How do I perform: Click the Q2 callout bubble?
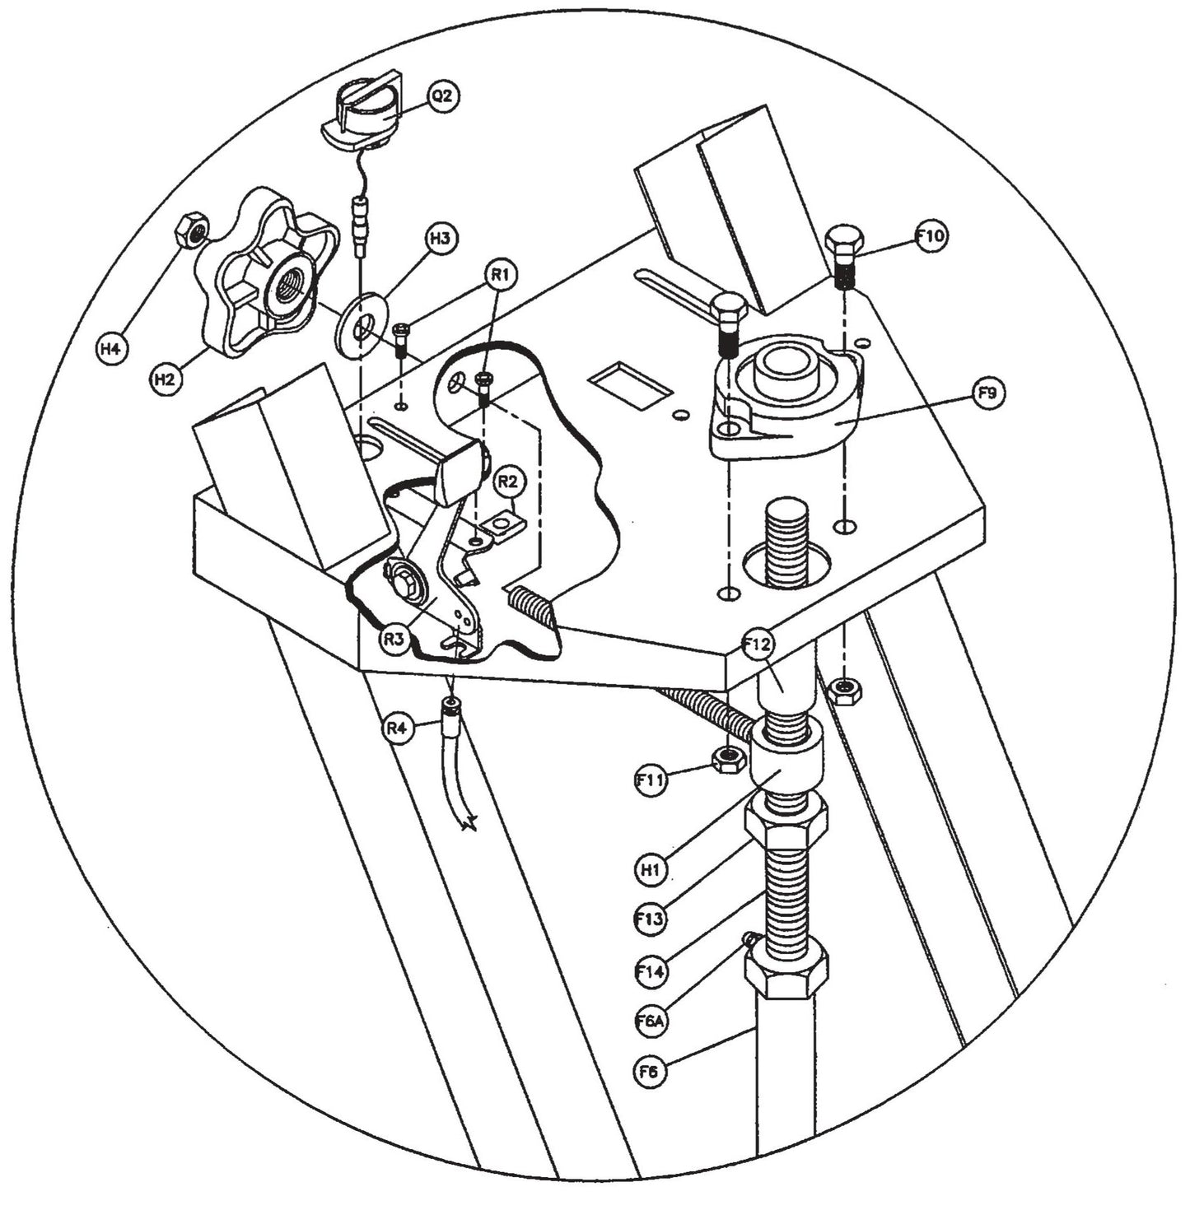442,96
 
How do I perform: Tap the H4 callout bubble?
110,349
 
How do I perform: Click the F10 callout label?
931,236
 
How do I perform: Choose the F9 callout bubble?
987,393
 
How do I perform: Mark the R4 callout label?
397,728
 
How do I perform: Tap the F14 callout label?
651,971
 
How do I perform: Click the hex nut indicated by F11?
727,759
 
